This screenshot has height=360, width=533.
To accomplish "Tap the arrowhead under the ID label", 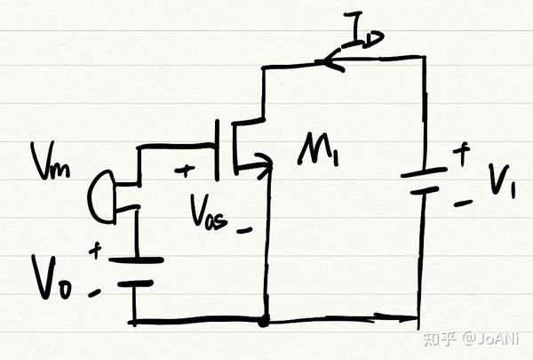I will click(330, 61).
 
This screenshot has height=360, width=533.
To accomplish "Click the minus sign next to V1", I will click(463, 204).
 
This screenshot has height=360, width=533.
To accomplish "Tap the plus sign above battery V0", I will click(94, 251).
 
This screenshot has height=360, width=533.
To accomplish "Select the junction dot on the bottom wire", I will click(264, 319).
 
